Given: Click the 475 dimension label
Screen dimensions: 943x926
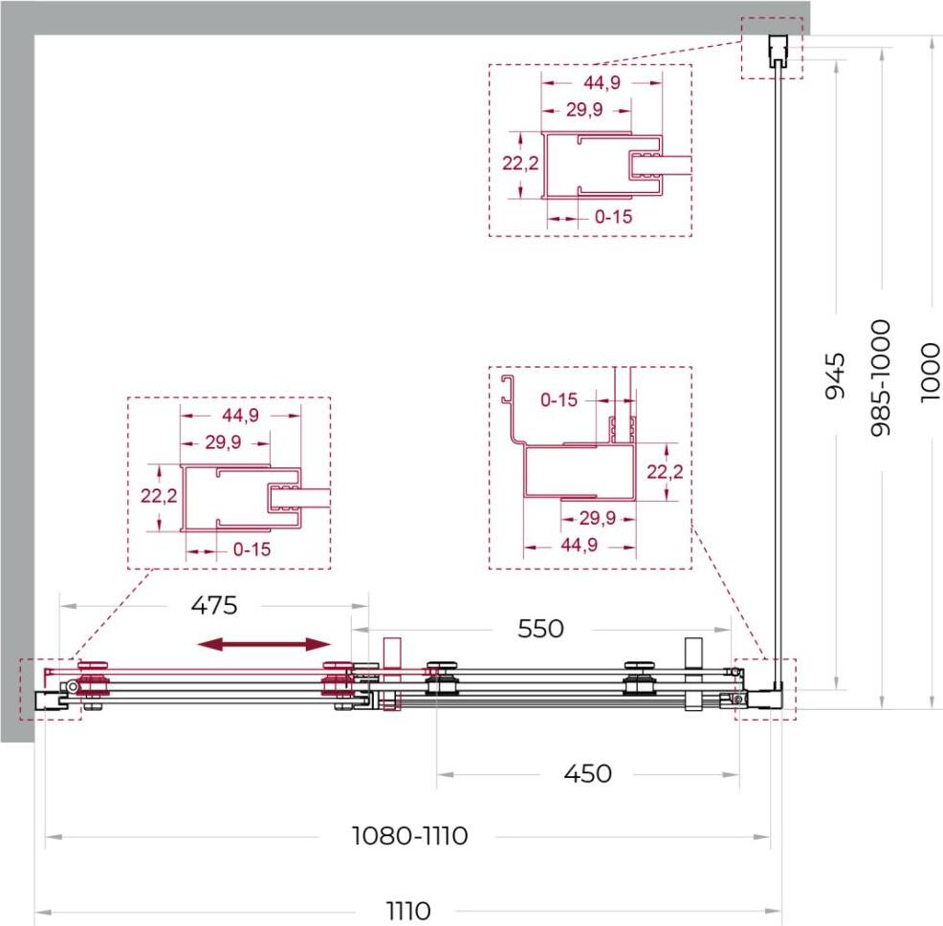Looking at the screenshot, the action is (214, 605).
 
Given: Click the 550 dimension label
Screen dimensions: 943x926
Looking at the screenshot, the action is (540, 629).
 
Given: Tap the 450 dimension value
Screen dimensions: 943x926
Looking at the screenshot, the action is (587, 773).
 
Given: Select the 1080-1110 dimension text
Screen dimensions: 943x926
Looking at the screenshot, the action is (409, 836).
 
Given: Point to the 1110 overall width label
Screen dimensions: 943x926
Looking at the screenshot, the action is (407, 911).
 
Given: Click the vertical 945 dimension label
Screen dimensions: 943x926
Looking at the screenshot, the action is (835, 377).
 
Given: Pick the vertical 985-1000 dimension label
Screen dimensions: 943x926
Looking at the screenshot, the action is (881, 378).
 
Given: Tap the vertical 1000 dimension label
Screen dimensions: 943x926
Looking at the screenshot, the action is (930, 373).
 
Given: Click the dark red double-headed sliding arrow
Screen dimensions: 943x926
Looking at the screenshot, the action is (265, 645).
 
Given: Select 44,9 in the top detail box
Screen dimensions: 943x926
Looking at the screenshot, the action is (602, 82).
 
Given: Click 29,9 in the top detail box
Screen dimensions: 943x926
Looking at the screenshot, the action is (584, 110).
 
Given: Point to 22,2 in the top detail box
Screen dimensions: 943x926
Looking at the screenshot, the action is (521, 162).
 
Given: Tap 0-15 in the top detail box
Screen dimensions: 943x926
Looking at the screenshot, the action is (613, 216).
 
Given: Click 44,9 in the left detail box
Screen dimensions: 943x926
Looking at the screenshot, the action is (241, 416).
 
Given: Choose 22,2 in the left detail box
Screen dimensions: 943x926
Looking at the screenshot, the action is (159, 496).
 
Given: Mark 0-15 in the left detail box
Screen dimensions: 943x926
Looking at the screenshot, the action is (252, 549).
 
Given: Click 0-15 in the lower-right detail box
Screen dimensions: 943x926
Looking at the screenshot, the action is (559, 399).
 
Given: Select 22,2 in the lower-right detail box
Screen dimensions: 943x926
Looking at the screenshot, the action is (665, 472).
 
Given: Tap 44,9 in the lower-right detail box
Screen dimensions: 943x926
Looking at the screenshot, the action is (580, 545).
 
